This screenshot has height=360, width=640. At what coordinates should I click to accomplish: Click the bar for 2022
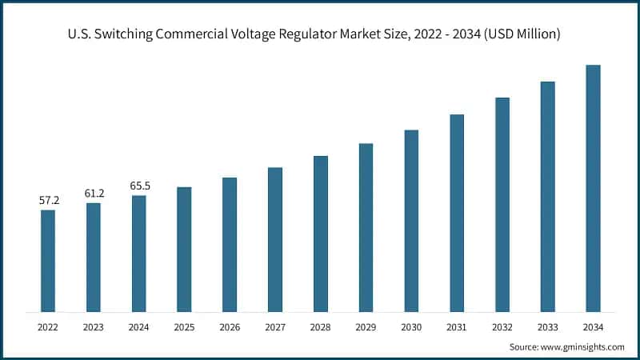[x=48, y=260]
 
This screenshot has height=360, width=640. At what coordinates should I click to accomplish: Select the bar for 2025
[x=184, y=249]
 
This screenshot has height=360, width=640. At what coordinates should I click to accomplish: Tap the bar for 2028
[x=320, y=233]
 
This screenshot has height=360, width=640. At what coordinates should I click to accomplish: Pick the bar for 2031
[x=457, y=212]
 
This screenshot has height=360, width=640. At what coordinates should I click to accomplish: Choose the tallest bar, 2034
[x=593, y=188]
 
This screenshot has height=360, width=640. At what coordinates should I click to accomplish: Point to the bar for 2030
[x=411, y=220]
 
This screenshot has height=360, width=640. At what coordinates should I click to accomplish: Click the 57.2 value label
[x=50, y=200]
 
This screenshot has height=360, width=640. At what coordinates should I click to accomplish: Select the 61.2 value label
[x=94, y=193]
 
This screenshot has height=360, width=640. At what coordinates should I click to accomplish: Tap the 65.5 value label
[x=140, y=186]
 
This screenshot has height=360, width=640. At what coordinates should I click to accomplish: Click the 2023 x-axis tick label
[x=94, y=326]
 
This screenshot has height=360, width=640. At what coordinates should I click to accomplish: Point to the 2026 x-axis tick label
[x=230, y=326]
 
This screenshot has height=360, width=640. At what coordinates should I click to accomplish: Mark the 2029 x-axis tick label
[x=366, y=326]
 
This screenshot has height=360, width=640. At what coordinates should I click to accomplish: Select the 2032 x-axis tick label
[x=502, y=326]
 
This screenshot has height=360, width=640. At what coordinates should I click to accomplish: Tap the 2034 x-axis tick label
[x=593, y=326]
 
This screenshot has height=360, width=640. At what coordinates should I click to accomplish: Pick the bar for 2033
[x=547, y=196]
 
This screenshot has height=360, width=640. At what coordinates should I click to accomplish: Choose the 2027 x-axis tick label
[x=275, y=326]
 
